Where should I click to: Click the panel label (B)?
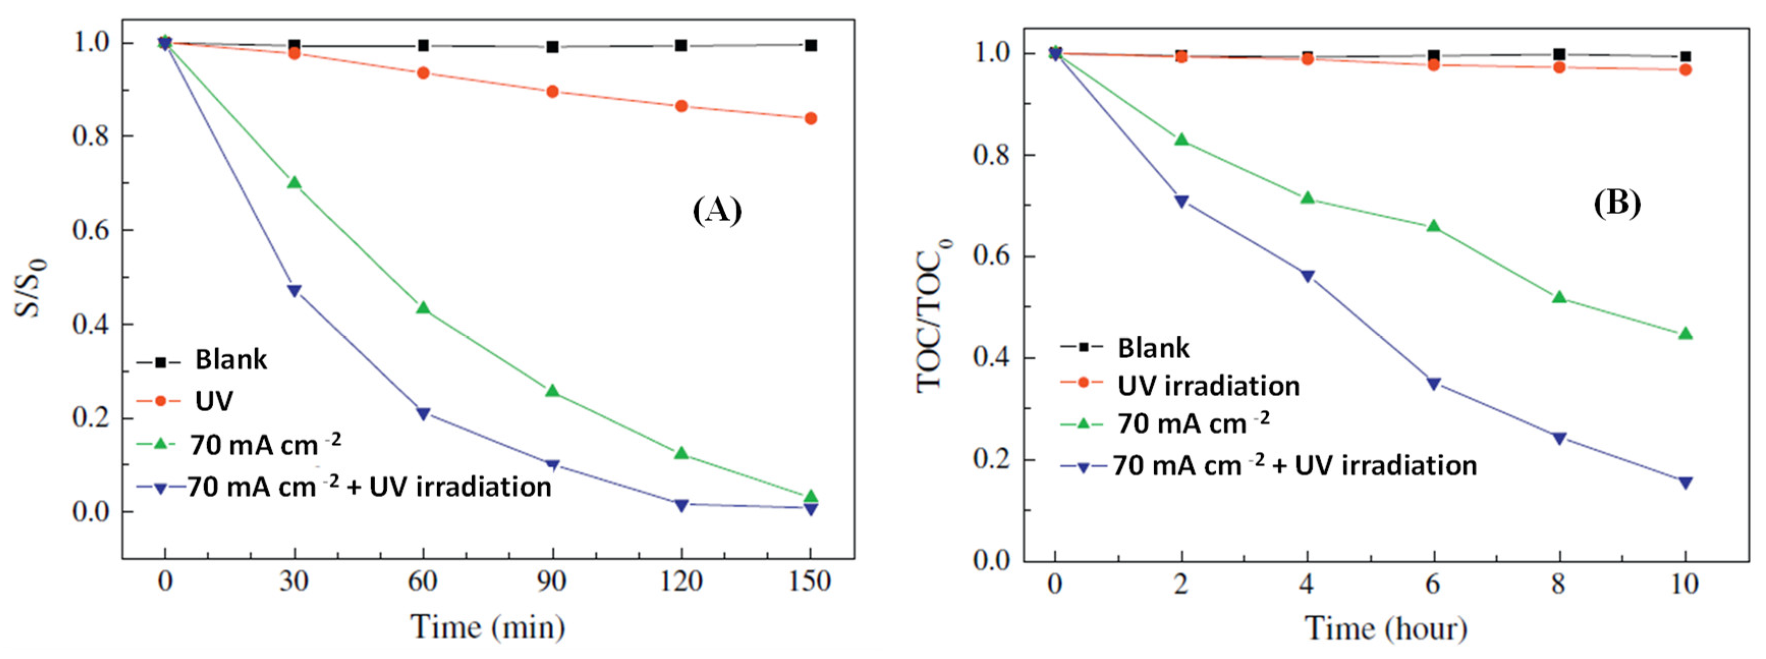[1616, 203]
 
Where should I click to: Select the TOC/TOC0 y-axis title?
[932, 316]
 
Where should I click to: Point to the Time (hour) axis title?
[1385, 628]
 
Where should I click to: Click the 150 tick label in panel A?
[810, 582]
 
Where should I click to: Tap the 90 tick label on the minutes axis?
[552, 582]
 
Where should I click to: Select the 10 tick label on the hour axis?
[1685, 584]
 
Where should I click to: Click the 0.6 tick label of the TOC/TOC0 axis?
[993, 256]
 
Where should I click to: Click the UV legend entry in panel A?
[213, 400]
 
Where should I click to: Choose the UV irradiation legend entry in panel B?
[1208, 386]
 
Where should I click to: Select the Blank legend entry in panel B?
[1153, 348]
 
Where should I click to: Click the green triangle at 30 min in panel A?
[294, 182]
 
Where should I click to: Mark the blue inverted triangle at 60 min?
[423, 414]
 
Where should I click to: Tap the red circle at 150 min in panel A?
[810, 118]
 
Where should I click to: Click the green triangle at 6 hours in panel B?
[1433, 225]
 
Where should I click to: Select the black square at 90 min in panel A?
[552, 47]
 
